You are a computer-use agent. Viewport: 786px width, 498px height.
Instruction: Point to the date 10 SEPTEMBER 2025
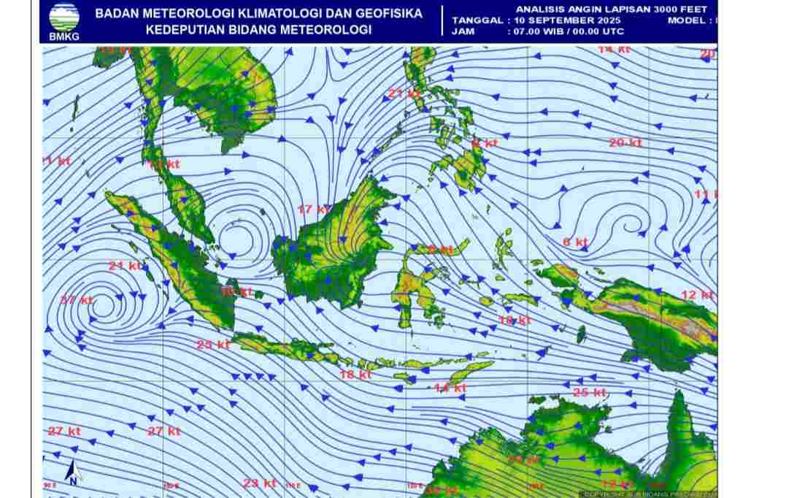coord(562,20)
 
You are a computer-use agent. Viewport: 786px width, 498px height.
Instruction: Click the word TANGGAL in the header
coord(477,20)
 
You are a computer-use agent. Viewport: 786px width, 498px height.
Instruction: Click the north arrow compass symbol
coord(72,472)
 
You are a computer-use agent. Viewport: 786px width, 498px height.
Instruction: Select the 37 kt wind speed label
coord(77,299)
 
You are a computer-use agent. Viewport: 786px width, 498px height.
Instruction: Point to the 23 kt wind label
coord(260,483)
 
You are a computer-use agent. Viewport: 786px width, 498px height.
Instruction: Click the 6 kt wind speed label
coord(575,242)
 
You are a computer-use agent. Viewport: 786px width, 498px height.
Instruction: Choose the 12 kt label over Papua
coord(696,294)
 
